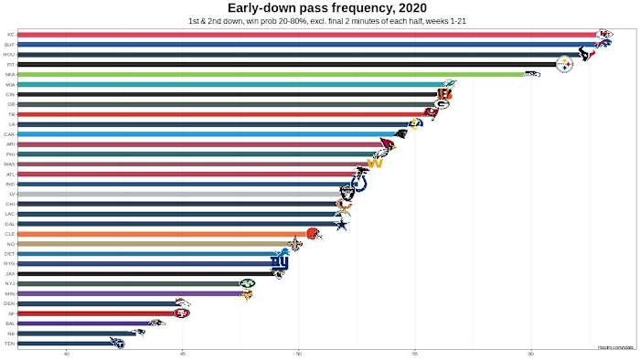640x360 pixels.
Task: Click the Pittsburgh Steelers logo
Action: (565, 64)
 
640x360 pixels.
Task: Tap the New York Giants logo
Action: (279, 263)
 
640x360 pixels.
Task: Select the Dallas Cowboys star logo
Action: (340, 224)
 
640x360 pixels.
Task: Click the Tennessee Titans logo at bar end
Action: (117, 344)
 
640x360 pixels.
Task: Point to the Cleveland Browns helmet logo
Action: (313, 234)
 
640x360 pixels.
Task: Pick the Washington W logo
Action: (374, 164)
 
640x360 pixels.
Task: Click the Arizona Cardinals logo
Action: (388, 144)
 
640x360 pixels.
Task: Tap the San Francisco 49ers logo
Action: (182, 313)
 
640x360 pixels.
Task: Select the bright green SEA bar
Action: (274, 74)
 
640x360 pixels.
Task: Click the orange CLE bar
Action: (165, 234)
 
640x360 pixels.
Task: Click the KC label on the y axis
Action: (10, 35)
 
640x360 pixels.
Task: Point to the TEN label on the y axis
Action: (10, 344)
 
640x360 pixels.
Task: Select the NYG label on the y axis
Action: (9, 263)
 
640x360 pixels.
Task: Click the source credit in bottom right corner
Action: (616, 347)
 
